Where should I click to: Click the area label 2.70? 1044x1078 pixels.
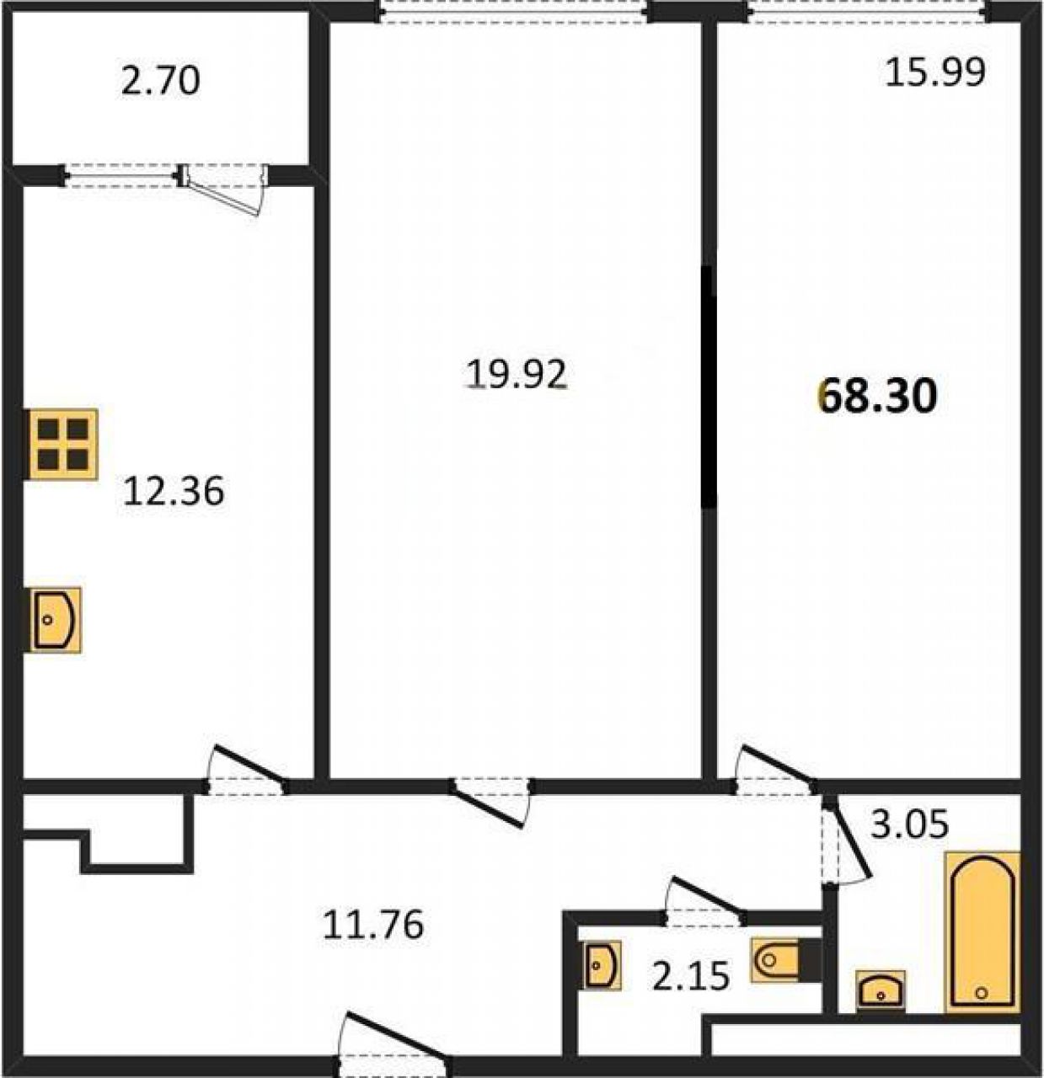point(160,82)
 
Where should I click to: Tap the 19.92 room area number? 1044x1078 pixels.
point(517,374)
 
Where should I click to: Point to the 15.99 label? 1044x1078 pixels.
point(935,72)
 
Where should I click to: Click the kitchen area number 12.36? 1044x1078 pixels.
point(174,491)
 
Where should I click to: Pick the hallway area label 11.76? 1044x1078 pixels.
point(373,924)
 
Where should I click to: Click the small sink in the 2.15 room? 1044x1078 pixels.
point(602,964)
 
